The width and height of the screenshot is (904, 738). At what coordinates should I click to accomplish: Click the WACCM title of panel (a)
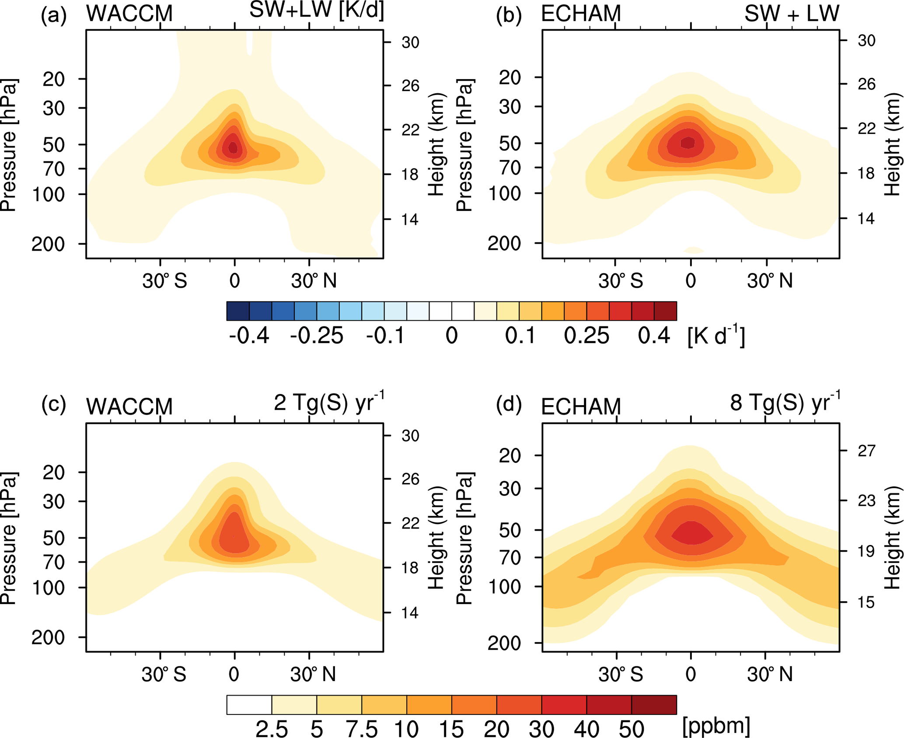[x=129, y=13]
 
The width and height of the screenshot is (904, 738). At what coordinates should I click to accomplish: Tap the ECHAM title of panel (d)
[x=581, y=407]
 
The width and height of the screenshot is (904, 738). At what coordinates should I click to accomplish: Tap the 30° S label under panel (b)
[x=621, y=281]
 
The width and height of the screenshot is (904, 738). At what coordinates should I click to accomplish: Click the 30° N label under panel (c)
[x=314, y=675]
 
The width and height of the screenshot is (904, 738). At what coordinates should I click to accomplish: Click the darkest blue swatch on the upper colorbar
[x=238, y=311]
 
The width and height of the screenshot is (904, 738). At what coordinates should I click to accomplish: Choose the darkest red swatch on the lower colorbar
[x=654, y=705]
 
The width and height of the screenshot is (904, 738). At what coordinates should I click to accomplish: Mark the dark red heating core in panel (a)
[x=233, y=147]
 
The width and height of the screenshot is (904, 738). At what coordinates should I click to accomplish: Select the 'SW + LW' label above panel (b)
[x=792, y=13]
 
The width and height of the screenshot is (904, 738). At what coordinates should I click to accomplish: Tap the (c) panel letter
[x=53, y=405]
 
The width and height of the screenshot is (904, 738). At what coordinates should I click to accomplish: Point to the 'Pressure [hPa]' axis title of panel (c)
[x=9, y=539]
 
